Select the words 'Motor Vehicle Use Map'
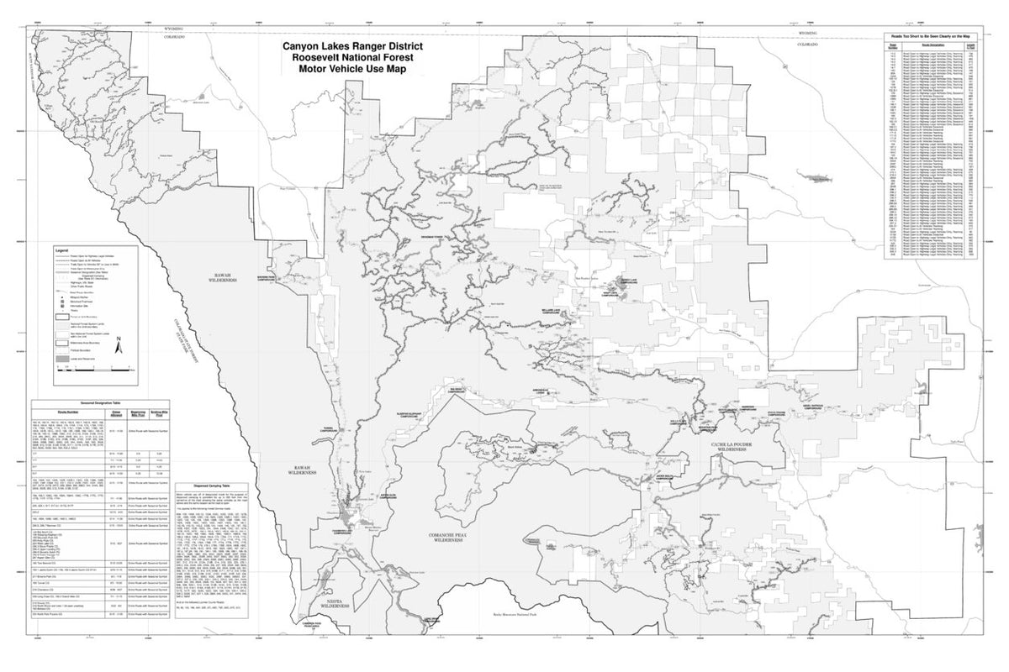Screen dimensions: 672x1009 [352, 69]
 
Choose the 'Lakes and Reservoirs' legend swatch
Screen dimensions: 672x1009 [62, 359]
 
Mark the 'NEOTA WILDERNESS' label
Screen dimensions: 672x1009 [329, 602]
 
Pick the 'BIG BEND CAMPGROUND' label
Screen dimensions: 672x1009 [456, 390]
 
